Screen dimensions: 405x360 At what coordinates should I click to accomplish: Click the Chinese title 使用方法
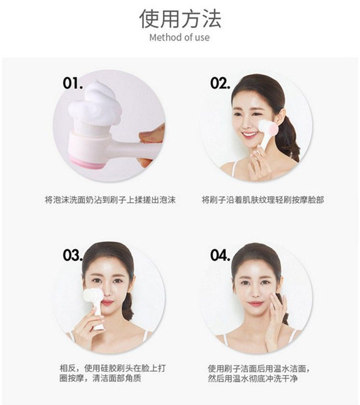pos(180,18)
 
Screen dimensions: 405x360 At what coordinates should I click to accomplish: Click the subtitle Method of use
pos(180,37)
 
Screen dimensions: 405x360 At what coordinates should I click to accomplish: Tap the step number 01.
pos(73,83)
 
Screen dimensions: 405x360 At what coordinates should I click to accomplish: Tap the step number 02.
pos(220,83)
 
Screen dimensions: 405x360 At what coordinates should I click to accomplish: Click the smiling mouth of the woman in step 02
pos(250,135)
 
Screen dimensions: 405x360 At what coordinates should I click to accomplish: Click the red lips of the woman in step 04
pos(256,304)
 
